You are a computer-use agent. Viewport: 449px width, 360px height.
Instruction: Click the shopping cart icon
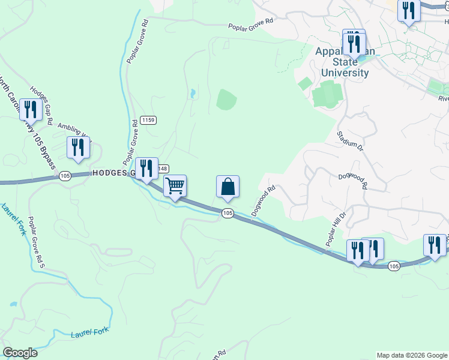175,187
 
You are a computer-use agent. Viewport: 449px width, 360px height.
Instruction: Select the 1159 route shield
148,121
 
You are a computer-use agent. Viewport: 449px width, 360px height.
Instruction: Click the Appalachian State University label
345,62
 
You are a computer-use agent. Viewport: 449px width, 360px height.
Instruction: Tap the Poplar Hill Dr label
336,228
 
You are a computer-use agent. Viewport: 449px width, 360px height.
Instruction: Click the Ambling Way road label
74,131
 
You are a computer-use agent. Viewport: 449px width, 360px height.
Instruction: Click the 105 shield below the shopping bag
227,213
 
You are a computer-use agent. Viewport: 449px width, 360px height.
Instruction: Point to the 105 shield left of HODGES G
65,175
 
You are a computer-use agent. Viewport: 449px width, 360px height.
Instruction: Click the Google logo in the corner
20,353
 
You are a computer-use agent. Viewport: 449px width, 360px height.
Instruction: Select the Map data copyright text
412,355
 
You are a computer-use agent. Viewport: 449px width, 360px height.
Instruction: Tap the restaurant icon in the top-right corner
409,11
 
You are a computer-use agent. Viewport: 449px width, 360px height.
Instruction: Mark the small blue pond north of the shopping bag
191,94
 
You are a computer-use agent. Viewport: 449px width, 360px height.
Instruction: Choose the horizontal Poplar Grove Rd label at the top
250,26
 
